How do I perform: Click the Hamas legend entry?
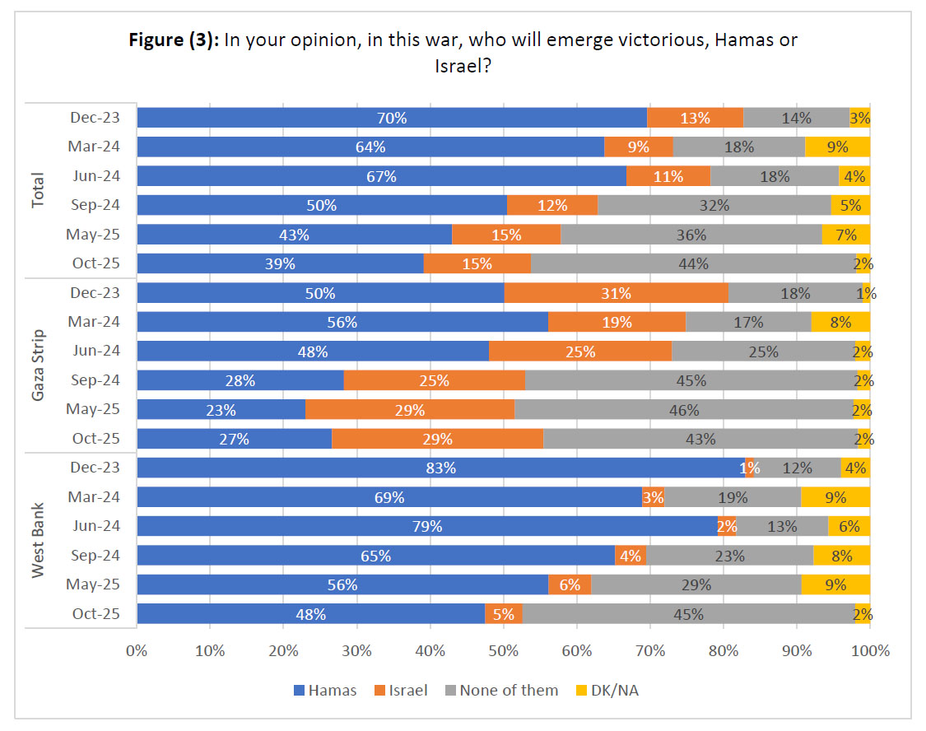pyautogui.click(x=325, y=690)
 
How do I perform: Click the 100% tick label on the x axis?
pyautogui.click(x=870, y=650)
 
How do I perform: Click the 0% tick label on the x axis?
pyautogui.click(x=137, y=650)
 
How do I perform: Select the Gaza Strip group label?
pyautogui.click(x=38, y=365)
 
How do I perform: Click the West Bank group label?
pyautogui.click(x=38, y=540)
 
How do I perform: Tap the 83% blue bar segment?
pyautogui.click(x=440, y=468)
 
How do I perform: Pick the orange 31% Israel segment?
pyautogui.click(x=616, y=293)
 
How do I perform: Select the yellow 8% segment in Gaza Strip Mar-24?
pyautogui.click(x=840, y=322)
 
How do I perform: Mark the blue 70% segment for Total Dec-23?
pyautogui.click(x=392, y=118)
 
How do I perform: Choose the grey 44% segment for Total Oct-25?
pyautogui.click(x=692, y=263)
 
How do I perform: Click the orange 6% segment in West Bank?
pyautogui.click(x=570, y=584)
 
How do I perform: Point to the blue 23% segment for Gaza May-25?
pyautogui.click(x=221, y=410)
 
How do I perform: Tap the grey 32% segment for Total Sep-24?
pyautogui.click(x=714, y=205)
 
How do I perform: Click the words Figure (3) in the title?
pyautogui.click(x=172, y=40)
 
